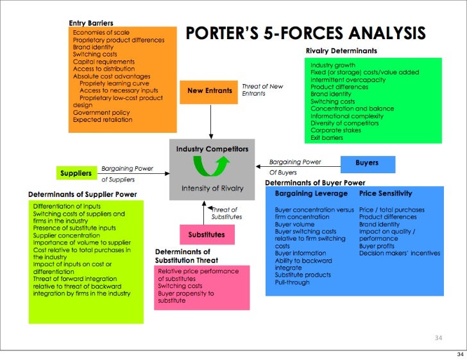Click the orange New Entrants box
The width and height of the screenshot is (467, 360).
tap(210, 91)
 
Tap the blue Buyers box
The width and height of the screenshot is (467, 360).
tap(367, 163)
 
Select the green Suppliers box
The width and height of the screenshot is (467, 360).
tap(76, 173)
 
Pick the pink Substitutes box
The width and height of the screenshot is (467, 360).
tap(207, 235)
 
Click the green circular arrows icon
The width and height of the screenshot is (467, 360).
tap(212, 168)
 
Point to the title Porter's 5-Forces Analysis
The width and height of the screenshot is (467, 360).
tap(305, 33)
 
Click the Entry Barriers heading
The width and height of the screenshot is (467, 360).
tap(91, 24)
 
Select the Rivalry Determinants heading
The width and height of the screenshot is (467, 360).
tap(341, 51)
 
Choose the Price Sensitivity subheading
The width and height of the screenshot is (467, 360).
tap(386, 193)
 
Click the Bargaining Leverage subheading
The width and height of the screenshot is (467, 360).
tap(311, 193)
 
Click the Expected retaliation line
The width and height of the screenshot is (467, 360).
tap(103, 119)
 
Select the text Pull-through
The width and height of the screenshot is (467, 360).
tap(292, 282)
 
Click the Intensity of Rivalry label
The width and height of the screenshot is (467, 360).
tap(212, 188)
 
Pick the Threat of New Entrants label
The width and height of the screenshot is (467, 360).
tap(262, 90)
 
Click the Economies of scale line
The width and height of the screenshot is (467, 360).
tap(101, 32)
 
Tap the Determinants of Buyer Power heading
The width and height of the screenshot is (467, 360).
tap(311, 182)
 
